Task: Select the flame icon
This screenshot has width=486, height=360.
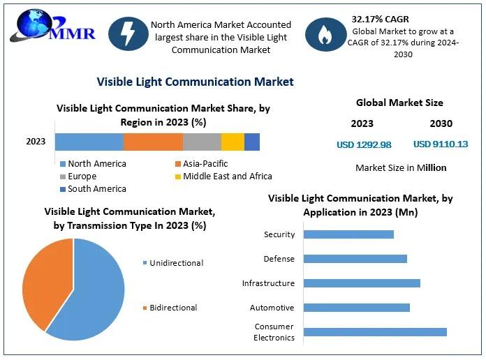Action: tap(325, 34)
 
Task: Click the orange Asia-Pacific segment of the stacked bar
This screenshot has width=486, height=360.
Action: tap(153, 142)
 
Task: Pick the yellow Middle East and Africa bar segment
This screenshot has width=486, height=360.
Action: tap(233, 142)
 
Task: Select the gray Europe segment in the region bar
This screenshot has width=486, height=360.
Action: tap(202, 142)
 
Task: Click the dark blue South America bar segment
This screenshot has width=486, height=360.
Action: tap(252, 142)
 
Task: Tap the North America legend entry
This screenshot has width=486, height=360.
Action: tap(96, 164)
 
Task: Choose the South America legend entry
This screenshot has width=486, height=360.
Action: tap(96, 189)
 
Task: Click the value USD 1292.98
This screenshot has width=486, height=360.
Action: tap(364, 145)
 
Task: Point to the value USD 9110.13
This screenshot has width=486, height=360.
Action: tap(441, 144)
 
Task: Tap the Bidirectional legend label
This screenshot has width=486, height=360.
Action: tap(172, 308)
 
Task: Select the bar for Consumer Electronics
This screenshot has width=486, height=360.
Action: tap(375, 332)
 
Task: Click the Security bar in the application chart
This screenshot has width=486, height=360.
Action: tap(348, 234)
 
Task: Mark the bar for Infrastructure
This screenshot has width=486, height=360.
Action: tap(362, 283)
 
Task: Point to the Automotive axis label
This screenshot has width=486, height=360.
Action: tap(272, 308)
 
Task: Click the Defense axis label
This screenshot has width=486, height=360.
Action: tap(279, 259)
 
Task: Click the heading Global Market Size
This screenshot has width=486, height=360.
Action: tap(399, 103)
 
